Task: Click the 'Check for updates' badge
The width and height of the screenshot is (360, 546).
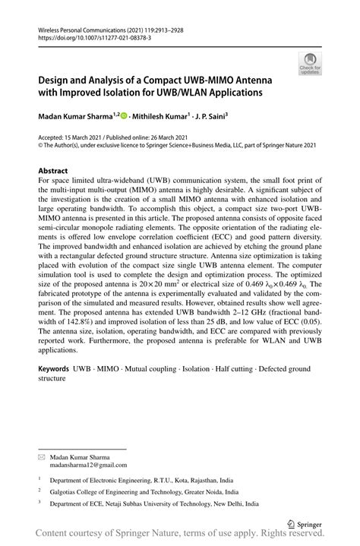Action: point(311,64)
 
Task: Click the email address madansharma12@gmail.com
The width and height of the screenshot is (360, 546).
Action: point(89,466)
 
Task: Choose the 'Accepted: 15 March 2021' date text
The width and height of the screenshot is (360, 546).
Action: point(72,137)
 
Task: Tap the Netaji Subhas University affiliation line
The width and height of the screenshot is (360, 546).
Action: point(154,503)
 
